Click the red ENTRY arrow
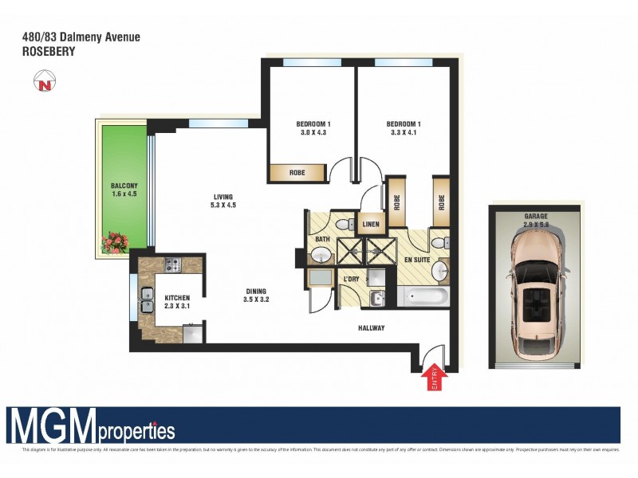435,378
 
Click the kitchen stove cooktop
172,263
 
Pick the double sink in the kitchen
147,298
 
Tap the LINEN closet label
370,225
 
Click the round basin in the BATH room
321,254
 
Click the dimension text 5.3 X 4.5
224,206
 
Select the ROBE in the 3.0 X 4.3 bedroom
297,172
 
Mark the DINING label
256,292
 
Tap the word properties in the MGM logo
136,431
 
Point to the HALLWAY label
371,327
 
